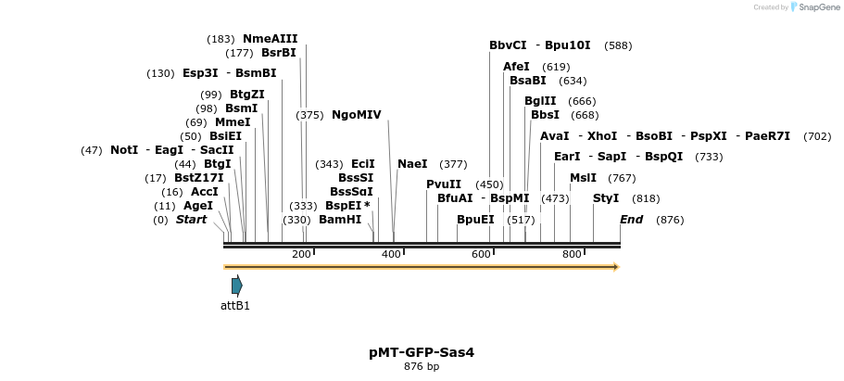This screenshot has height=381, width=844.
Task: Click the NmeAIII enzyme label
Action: [270, 39]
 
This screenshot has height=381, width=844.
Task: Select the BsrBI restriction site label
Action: [278, 53]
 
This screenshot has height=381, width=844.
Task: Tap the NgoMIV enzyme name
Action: [356, 115]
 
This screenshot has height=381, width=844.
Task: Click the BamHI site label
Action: [340, 220]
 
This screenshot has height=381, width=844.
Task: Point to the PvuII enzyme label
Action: [444, 184]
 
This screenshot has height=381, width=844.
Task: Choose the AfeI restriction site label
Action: [516, 67]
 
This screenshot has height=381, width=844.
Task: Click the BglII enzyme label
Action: [540, 101]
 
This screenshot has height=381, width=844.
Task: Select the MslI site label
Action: [583, 178]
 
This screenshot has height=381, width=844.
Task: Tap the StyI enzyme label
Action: [606, 198]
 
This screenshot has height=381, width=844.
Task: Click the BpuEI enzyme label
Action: [475, 220]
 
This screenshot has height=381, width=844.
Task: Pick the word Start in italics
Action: [191, 220]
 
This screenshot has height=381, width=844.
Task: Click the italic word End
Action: [631, 220]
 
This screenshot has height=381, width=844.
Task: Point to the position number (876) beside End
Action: [669, 220]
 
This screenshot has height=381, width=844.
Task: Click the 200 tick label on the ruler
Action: [301, 254]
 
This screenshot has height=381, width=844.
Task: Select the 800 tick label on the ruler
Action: [572, 254]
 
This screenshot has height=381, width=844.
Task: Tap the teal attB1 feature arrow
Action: [237, 286]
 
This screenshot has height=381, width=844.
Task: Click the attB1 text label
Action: [235, 305]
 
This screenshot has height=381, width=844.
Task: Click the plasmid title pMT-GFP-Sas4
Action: [422, 352]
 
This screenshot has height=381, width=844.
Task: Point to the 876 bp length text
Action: [422, 367]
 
